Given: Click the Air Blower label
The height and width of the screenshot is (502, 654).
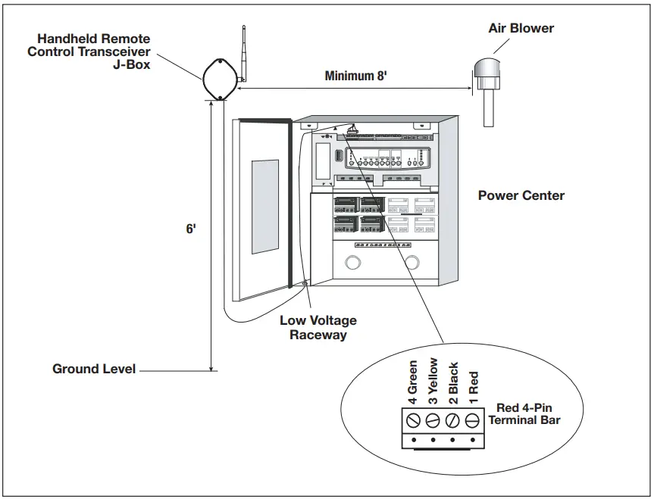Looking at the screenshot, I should pos(521,29).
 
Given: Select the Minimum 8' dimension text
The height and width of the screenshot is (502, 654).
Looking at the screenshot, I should pos(356,76).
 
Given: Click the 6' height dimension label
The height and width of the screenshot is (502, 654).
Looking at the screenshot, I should pos(191,228).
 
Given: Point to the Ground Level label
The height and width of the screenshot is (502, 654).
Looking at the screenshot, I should pos(93,369).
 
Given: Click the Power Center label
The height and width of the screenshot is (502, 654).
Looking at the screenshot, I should pos(521,195).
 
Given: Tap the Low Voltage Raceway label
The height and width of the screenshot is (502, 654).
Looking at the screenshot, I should pos(318,328).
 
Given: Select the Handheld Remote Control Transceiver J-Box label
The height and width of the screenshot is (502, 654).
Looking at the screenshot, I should pos(89,51).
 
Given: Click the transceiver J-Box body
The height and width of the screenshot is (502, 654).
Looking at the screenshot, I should pos(219,78).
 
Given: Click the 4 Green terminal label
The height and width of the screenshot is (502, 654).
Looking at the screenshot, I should pos(413,384).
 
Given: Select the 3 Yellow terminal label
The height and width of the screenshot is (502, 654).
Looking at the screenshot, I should pos(433,382).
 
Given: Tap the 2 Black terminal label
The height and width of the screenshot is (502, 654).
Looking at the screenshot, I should pos(454,382).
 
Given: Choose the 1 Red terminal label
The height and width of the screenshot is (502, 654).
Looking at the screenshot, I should pos(474,388).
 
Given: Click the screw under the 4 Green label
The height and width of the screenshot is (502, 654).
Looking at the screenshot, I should pos(413,419).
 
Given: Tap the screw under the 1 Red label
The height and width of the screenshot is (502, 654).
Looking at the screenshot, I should pos(473,419).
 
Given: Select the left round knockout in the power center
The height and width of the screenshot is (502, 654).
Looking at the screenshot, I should pos(353,263).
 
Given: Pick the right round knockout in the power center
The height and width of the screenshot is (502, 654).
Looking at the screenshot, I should pos(412,263).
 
